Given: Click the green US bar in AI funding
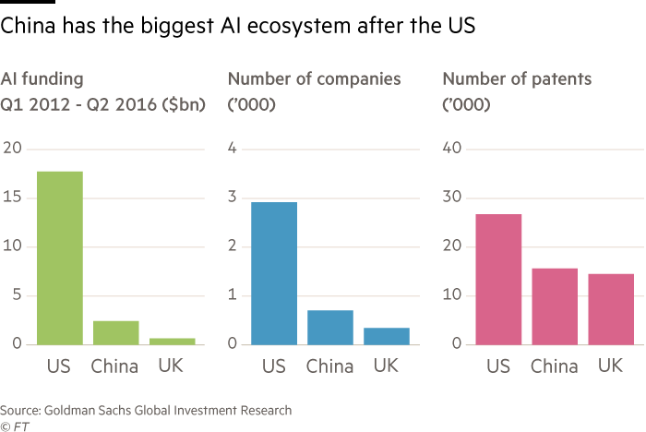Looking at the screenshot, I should click(60, 258).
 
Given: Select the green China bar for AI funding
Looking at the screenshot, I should click(116, 332).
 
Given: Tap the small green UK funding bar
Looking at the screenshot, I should click(173, 341).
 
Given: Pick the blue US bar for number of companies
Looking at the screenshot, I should click(274, 273).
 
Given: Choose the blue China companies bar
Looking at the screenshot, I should click(330, 327).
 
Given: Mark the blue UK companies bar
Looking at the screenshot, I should click(387, 336).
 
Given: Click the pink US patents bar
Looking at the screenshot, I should click(499, 279).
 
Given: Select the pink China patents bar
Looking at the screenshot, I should click(556, 306).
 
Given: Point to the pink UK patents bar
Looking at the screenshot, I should click(611, 308).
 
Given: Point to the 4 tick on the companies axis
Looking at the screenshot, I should click(233, 149).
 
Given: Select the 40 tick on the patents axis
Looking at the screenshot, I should click(451, 149).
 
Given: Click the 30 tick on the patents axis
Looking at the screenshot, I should click(451, 198).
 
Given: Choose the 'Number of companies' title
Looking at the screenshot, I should click(314, 79).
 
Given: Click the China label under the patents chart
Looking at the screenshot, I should click(555, 366).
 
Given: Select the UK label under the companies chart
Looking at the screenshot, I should click(387, 366).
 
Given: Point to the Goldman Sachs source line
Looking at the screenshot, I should click(146, 410).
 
